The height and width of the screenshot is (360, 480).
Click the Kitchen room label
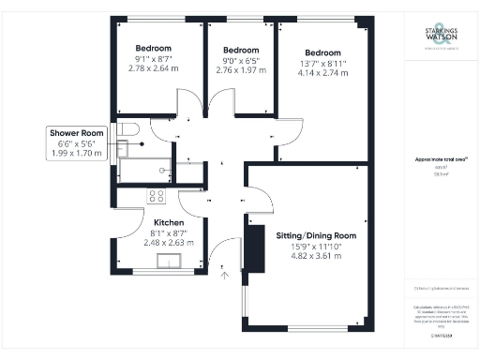pos(155,222)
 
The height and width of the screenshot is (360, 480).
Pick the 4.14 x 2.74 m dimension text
pos(322,77)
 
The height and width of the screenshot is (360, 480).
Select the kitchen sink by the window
pos(171,261)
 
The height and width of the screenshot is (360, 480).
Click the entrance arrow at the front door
pos(223,275)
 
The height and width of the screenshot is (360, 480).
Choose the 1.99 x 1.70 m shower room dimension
pos(78,154)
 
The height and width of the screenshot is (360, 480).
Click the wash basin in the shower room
pos(121,147)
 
